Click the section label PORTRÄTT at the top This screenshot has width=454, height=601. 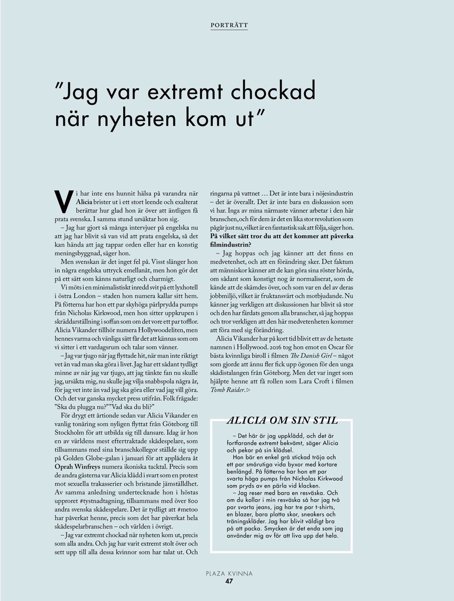click(x=230, y=25)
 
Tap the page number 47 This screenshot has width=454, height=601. click(x=228, y=582)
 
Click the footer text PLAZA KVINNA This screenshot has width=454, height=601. click(x=228, y=573)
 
